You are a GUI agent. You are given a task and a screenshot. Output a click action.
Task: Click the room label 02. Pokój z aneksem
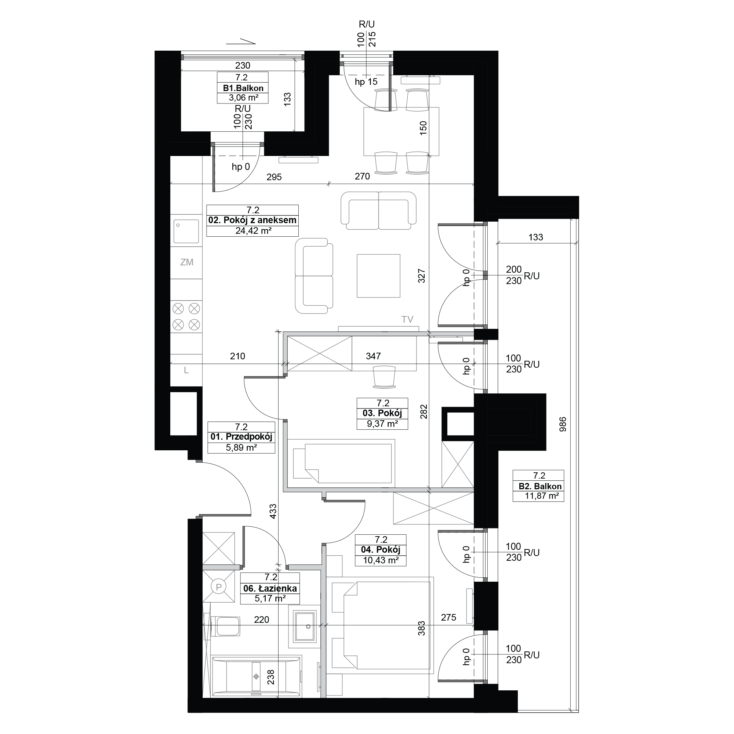(252, 220)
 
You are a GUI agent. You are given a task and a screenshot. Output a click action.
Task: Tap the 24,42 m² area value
(253, 230)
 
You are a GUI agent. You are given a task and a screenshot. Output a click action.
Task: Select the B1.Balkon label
(243, 88)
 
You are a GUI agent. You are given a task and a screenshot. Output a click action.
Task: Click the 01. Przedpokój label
(241, 437)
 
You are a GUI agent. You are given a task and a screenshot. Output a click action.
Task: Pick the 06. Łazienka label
(270, 589)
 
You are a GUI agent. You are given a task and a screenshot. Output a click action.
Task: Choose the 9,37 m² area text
(382, 424)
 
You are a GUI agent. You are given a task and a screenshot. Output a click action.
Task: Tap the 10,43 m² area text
(381, 560)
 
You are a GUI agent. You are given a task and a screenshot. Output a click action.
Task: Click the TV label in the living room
(407, 320)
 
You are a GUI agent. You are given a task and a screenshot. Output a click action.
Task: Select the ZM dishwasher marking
(186, 262)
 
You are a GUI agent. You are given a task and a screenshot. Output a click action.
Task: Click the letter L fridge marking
(186, 370)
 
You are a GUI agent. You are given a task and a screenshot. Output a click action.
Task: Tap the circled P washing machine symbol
(218, 587)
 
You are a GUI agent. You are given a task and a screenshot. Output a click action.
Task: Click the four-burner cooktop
(186, 316)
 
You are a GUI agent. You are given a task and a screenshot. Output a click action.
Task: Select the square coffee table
(378, 276)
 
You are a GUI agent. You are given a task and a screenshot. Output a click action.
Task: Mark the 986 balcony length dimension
(563, 424)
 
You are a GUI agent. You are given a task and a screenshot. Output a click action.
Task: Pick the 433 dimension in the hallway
(273, 511)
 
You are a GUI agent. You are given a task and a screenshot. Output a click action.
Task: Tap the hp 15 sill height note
(366, 82)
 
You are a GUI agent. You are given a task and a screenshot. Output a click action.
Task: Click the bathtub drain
(257, 677)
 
